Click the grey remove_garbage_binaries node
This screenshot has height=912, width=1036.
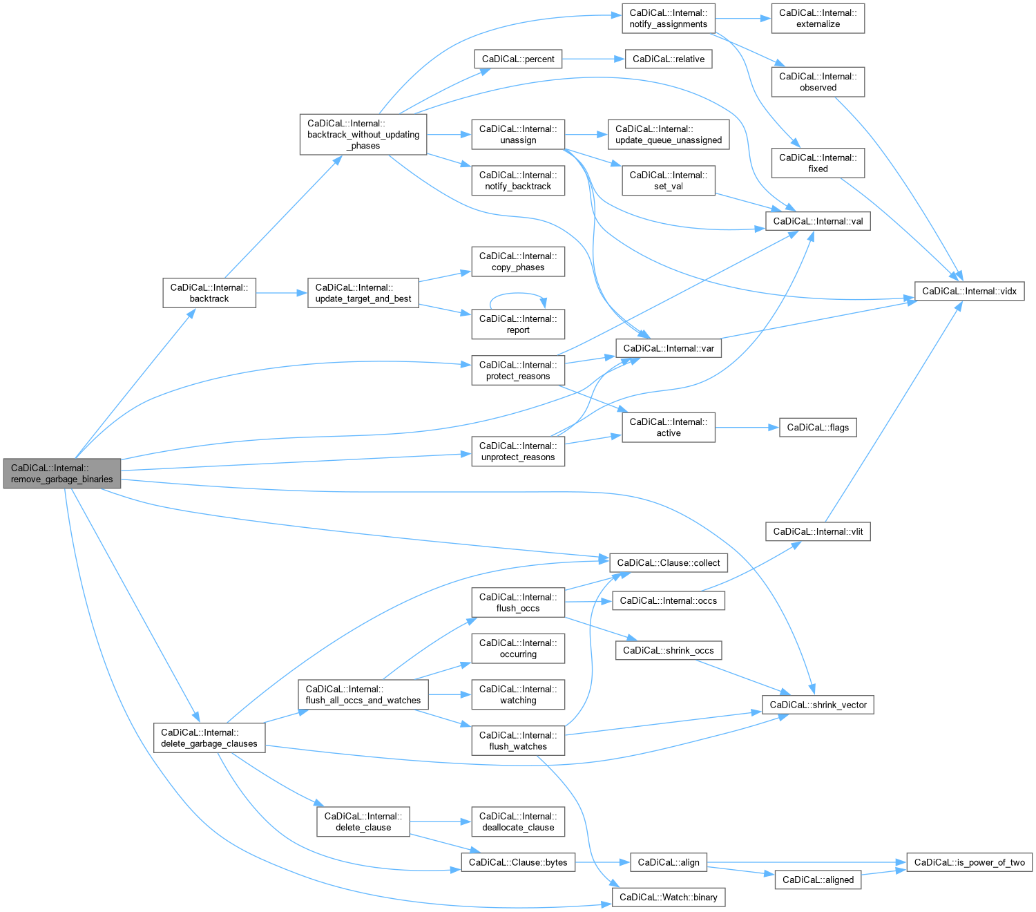(61, 473)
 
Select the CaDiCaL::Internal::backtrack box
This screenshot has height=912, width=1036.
(209, 293)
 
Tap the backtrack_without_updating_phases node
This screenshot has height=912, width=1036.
(363, 134)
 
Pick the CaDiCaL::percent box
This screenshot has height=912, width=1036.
(518, 59)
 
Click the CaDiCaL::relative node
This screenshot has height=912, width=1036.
(669, 59)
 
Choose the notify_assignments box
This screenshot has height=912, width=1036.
(669, 18)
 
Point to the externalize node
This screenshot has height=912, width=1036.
(818, 18)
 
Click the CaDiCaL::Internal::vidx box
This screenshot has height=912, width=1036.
(969, 291)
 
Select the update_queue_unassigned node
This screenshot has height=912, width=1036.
(669, 134)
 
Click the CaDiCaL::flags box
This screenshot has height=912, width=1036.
(818, 427)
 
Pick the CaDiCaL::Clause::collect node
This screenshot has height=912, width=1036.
(669, 562)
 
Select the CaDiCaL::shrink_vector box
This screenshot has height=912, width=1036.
(818, 705)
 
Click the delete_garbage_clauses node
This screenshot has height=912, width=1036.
(209, 738)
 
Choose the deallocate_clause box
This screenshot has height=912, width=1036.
(518, 821)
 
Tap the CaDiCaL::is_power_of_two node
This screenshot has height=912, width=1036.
(969, 862)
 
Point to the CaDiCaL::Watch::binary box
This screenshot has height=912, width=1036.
(669, 897)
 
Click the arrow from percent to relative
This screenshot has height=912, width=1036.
(593, 59)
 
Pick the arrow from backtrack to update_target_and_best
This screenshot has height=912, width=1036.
(282, 293)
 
